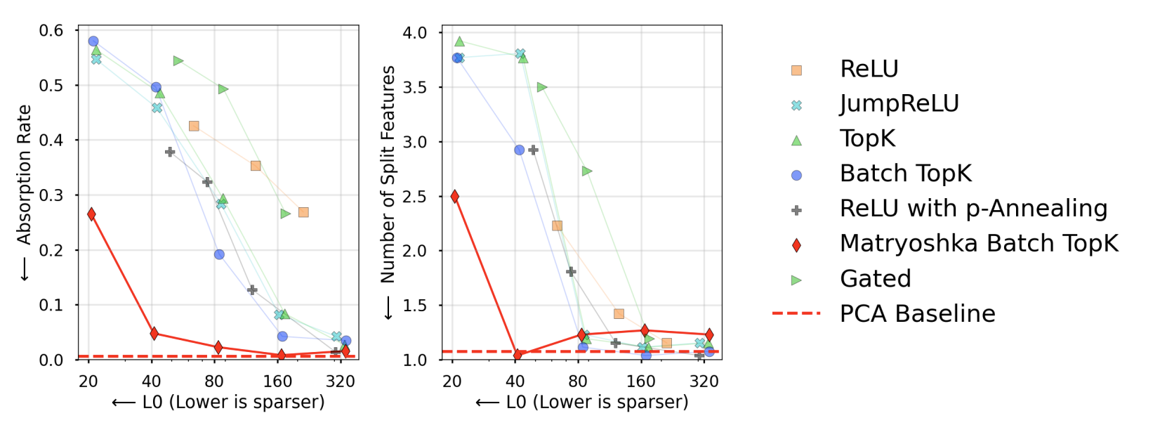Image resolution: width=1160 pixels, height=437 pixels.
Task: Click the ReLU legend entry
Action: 869,69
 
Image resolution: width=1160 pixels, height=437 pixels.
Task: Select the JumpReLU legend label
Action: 899,104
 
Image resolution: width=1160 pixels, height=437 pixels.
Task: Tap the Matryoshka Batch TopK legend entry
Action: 978,244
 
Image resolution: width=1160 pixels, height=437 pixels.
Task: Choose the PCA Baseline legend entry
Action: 917,313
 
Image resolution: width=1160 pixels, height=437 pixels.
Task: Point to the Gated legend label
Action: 875,279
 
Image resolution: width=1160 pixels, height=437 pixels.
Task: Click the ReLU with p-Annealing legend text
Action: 973,209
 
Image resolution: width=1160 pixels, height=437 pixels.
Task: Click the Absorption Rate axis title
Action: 25,175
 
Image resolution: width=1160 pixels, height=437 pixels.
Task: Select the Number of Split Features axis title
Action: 388,175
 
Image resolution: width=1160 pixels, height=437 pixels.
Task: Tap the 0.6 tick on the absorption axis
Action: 51,30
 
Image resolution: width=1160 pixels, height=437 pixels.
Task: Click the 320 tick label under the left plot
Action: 341,381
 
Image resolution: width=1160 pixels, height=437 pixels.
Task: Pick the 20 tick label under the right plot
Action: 452,381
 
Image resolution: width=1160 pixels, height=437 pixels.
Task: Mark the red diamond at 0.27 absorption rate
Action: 91,214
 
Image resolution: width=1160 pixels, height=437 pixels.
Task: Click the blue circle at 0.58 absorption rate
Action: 93,41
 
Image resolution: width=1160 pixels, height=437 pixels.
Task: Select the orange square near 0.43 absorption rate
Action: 194,126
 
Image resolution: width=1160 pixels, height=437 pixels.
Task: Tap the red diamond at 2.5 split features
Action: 455,197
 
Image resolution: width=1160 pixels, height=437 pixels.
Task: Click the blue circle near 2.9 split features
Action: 519,150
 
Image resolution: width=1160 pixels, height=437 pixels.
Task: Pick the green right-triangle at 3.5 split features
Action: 542,87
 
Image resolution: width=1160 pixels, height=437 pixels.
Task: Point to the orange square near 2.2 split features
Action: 557,226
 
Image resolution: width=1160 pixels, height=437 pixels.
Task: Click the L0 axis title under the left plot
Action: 218,403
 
